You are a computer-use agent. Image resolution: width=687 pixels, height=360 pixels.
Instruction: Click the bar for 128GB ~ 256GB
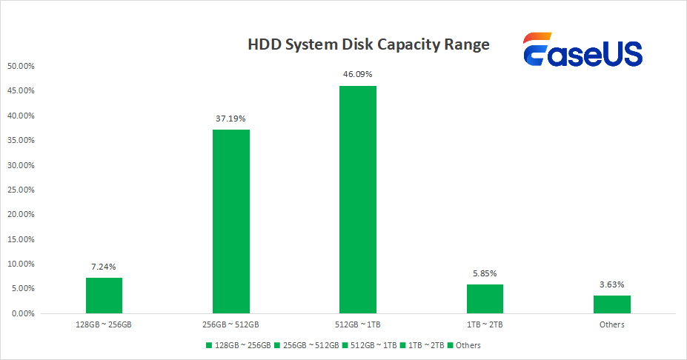coord(104,296)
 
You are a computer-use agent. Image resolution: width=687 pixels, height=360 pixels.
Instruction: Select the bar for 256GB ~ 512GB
coord(231,221)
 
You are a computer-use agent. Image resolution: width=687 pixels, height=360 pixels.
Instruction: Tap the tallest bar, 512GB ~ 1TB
coord(358,199)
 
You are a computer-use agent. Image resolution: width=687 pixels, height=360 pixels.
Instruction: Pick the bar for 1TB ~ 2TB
coord(485,299)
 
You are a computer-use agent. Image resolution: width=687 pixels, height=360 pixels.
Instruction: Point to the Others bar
coord(612,304)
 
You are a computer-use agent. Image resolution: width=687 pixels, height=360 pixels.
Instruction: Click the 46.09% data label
coord(358,74)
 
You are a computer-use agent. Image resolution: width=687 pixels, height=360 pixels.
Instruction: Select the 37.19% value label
coord(231,118)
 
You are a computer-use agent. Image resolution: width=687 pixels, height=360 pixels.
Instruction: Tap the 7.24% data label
coord(104,266)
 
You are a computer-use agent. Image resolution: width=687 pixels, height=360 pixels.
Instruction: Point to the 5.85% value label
coord(485,273)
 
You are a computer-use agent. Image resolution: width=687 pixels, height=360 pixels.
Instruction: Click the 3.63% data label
coord(612,284)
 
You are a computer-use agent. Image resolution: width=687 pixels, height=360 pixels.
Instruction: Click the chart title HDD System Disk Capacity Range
coord(368,44)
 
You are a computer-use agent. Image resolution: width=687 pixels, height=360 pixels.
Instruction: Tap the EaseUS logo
coord(582,50)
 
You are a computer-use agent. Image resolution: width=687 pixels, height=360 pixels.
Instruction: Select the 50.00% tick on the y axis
coord(21,66)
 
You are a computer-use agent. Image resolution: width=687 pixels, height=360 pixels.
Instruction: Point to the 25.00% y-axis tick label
coord(21,190)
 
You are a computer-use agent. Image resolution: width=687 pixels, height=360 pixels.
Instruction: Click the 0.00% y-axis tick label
coord(23,313)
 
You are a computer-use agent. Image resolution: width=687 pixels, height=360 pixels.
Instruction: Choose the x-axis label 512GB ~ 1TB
coord(358,324)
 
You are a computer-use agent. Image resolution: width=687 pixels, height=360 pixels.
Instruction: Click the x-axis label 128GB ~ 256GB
coord(104,324)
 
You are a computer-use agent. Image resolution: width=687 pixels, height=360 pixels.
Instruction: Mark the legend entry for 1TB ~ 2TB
coord(423,345)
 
